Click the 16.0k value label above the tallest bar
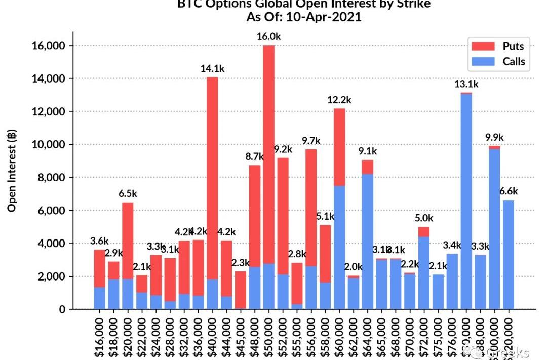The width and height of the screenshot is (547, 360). click(269, 36)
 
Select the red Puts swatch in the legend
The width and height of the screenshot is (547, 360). click(483, 46)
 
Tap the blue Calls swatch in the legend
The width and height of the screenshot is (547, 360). click(483, 62)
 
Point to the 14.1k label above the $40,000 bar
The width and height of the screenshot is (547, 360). click(212, 68)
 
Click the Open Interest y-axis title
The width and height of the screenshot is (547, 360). click(12, 170)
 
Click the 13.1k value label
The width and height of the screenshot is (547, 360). click(466, 84)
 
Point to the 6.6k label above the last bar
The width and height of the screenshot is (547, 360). click(509, 191)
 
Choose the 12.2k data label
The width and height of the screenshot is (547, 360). click(339, 100)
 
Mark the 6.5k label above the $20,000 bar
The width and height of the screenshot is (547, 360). click(128, 193)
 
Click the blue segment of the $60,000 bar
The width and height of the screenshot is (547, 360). click(339, 248)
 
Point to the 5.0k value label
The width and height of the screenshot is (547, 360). click(424, 218)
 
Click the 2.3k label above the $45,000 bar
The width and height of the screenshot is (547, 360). click(241, 263)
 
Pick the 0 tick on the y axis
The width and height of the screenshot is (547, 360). click(62, 309)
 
